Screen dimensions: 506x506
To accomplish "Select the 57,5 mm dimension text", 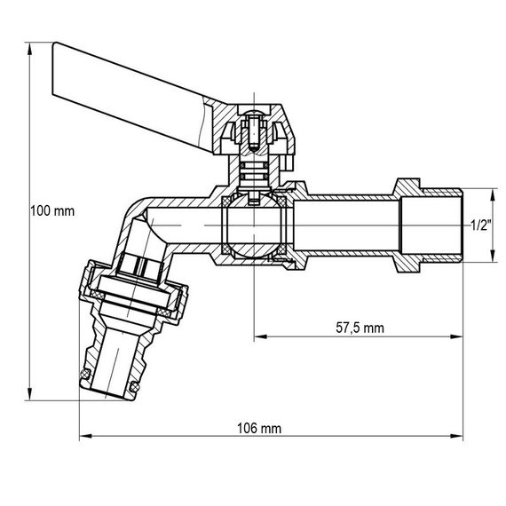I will (360, 328).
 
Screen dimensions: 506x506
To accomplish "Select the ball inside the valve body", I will (253, 227).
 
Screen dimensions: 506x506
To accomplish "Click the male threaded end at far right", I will (433, 226).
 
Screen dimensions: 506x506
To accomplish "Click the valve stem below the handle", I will (254, 173).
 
